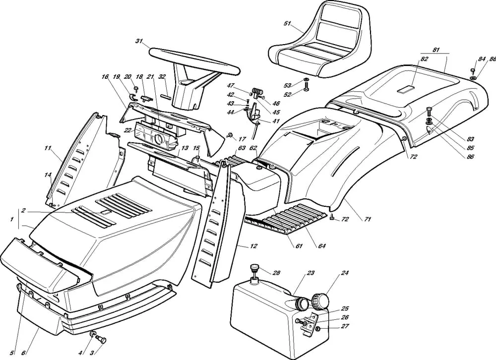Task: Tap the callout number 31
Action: pos(139,41)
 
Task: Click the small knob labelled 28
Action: pos(255,269)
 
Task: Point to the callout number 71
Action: pos(368,219)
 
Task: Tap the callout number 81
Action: pos(436,50)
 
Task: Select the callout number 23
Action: pos(310,273)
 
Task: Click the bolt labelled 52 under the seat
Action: pos(306,88)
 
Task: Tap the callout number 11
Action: pos(48,148)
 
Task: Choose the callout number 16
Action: pos(105,77)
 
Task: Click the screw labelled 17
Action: pos(231,135)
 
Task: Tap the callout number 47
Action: pos(231,86)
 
